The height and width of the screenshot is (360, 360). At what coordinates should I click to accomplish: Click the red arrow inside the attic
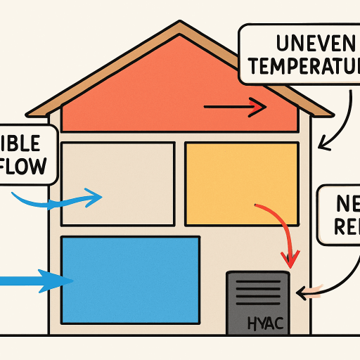[235, 108]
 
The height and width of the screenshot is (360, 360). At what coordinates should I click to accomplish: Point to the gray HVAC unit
[257, 302]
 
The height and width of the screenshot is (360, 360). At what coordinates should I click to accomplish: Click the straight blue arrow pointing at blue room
[35, 281]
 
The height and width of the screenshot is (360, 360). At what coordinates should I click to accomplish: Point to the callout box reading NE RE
[341, 214]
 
